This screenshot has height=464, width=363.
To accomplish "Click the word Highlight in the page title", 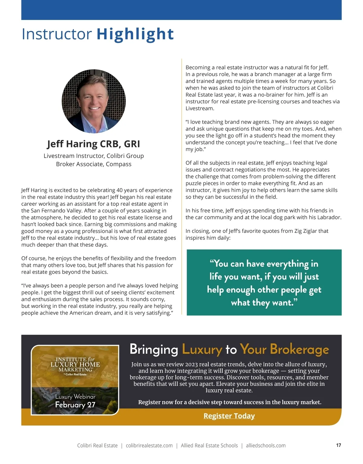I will tap(135, 34).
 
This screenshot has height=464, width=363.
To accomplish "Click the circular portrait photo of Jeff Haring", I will tap(94, 101).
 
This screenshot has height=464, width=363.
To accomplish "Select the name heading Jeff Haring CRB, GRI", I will tap(94, 144).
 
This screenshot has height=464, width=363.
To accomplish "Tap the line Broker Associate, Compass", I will tap(94, 164).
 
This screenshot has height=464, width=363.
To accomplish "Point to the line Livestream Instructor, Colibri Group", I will tap(94, 156).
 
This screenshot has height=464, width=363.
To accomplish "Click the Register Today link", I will tap(229, 416).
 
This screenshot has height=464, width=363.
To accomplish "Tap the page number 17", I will tap(338, 445).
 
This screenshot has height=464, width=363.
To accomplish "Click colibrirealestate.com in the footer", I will tap(149, 446).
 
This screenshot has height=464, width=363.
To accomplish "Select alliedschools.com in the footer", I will tap(266, 446).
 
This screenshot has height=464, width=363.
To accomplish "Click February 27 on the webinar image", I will tap(75, 405).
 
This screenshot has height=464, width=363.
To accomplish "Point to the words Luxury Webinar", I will tap(75, 397).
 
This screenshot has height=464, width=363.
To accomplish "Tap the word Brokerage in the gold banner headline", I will tap(299, 349).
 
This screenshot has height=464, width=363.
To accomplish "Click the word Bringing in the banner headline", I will tap(154, 349).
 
